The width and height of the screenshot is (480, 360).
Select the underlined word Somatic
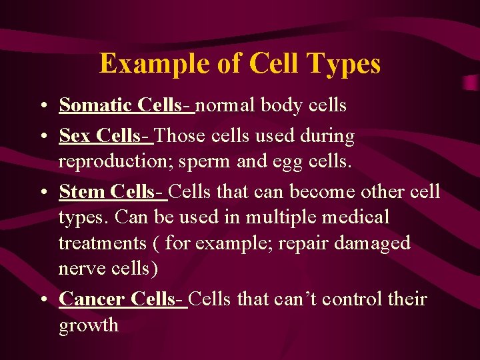[x=96, y=105]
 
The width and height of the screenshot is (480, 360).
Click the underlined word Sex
[x=75, y=136]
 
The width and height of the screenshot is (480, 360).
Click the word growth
[x=89, y=325]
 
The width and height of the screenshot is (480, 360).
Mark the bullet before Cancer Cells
[x=43, y=300]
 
